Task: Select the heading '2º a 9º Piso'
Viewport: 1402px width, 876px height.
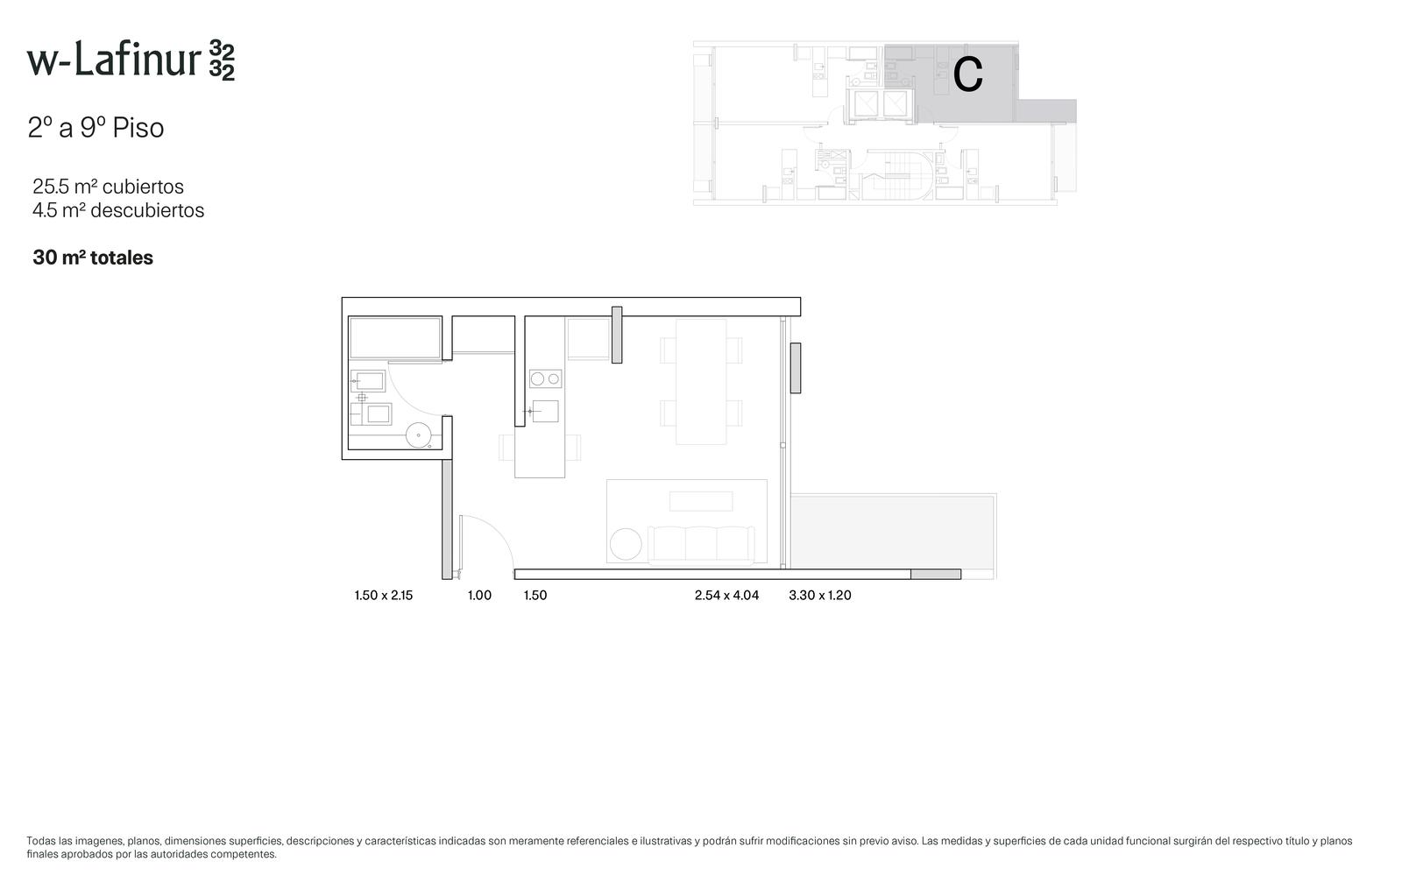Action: pyautogui.click(x=96, y=128)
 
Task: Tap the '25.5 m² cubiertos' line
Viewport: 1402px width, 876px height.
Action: pyautogui.click(x=109, y=187)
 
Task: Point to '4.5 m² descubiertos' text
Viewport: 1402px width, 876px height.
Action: pyautogui.click(x=118, y=210)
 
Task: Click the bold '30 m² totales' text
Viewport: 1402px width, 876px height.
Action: pyautogui.click(x=93, y=258)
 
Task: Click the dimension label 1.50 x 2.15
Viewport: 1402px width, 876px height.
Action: pyautogui.click(x=384, y=595)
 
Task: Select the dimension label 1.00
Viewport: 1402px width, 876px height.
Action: pyautogui.click(x=479, y=595)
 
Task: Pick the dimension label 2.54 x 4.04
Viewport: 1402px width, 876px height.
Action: pyautogui.click(x=726, y=595)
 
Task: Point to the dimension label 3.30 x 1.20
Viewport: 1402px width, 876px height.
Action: pyautogui.click(x=820, y=595)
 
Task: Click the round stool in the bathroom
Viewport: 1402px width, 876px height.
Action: pyautogui.click(x=418, y=435)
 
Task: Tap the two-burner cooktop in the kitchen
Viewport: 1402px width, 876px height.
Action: pyautogui.click(x=545, y=378)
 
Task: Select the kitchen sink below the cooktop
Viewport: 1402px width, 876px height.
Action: pyautogui.click(x=545, y=411)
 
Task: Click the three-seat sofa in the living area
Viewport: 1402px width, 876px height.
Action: pyautogui.click(x=701, y=546)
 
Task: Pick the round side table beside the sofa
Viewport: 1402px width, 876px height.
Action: pyautogui.click(x=626, y=544)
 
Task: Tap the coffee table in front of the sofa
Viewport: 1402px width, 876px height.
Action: pyautogui.click(x=701, y=501)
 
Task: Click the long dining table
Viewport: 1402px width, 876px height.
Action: pyautogui.click(x=701, y=382)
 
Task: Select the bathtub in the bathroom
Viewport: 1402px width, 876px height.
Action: pyautogui.click(x=395, y=338)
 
